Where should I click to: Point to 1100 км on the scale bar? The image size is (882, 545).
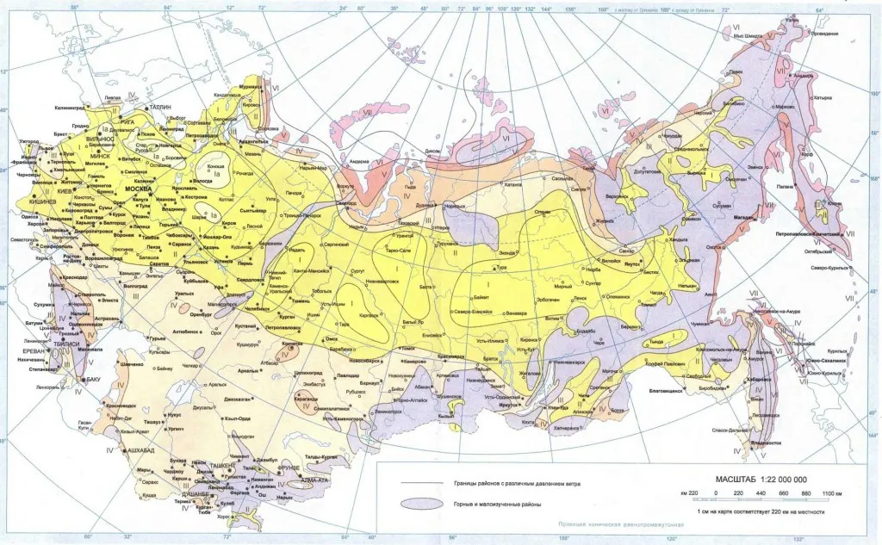829,492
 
